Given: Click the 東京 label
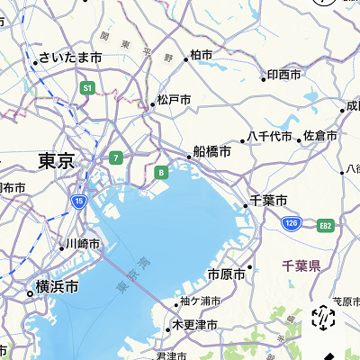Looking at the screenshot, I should pos(56,161).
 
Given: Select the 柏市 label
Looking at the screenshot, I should pos(202,56).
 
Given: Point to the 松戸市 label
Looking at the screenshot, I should pos(174,99).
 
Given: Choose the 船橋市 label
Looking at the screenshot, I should pos(212,152).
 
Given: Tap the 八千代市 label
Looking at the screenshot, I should pos(270,137).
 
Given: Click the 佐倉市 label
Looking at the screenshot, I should pos(320,136).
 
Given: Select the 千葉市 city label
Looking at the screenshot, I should pos(268,201).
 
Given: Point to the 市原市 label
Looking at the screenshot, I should pos(226,274).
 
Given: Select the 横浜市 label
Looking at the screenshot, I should pos(57,287).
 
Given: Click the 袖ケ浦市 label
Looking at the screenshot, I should pos(200,301).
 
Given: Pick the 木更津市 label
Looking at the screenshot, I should pos(195,324).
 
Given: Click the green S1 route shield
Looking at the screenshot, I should pos(87,88).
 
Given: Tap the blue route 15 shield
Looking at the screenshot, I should pos(79,202).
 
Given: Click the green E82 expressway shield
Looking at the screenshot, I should pos(325,224).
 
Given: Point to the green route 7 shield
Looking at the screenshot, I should pos(115,157).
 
